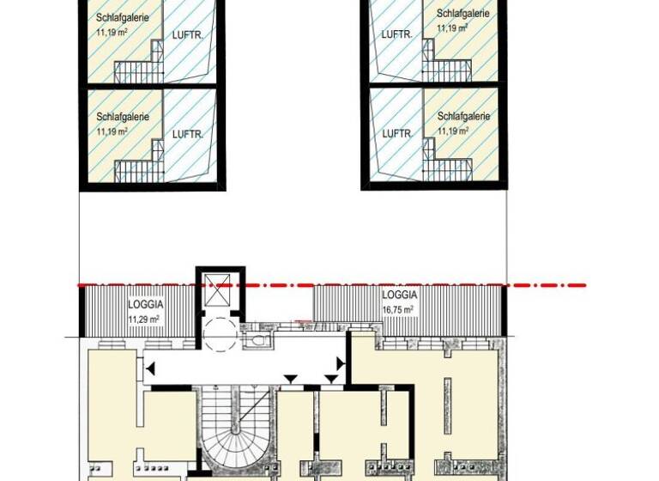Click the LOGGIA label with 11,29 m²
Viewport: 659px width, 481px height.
pos(145,304)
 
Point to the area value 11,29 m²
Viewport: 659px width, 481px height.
pos(144,319)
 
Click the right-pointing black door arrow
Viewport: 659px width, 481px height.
pos(342,365)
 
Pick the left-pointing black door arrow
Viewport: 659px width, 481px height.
pos(151,368)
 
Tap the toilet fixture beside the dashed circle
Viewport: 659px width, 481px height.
pos(254,339)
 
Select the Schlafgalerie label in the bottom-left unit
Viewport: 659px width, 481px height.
pos(123,117)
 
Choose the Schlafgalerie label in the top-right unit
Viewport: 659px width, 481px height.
pos(463,14)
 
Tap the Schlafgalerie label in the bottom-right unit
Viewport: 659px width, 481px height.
pos(463,116)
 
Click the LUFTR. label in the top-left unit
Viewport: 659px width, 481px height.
pos(187,36)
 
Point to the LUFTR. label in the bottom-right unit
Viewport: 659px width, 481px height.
pos(396,134)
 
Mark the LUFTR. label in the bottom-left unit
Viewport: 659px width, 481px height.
pos(187,135)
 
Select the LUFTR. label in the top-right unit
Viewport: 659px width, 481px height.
pos(396,34)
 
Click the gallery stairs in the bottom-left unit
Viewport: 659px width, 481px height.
pos(135,170)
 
